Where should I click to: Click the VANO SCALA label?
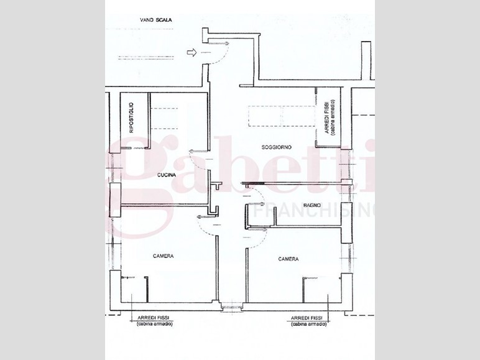tap(156, 20)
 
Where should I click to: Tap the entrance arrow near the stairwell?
tap(192, 53)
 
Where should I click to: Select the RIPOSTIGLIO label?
tap(131, 118)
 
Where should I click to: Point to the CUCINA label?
tap(167, 175)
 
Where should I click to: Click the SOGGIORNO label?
tap(277, 147)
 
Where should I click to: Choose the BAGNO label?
tap(312, 205)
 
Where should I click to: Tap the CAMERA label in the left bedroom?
tap(164, 256)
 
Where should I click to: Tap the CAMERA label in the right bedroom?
tap(288, 259)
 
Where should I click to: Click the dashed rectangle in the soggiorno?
tap(281, 116)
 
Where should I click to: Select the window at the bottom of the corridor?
tap(232, 306)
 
